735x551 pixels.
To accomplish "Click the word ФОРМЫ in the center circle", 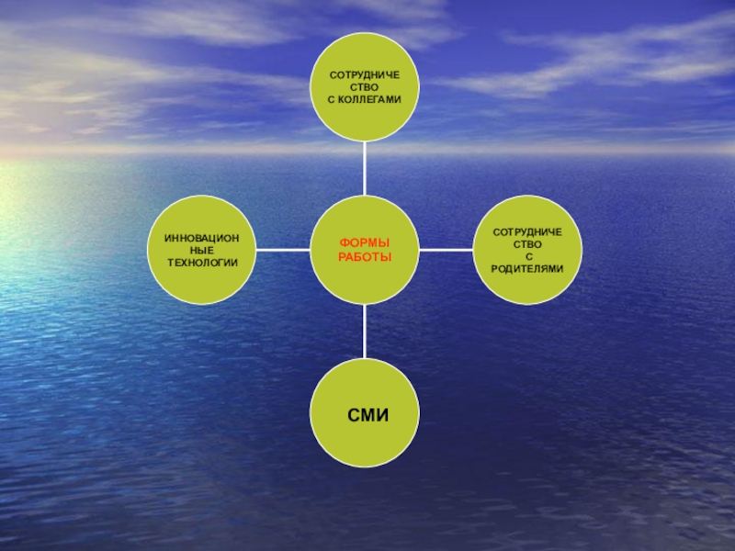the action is pyautogui.click(x=365, y=242).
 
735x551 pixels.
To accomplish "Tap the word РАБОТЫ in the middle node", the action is pyautogui.click(x=365, y=256).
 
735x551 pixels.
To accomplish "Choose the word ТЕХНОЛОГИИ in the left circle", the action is pyautogui.click(x=202, y=263).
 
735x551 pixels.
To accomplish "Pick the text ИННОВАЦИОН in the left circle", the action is pyautogui.click(x=202, y=238).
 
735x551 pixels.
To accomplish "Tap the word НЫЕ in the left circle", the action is pyautogui.click(x=202, y=250).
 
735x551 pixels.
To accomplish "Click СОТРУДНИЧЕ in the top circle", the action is pyautogui.click(x=365, y=73).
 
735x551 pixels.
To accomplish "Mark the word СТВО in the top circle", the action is pyautogui.click(x=365, y=85).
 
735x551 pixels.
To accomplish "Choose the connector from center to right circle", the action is pyautogui.click(x=446, y=250).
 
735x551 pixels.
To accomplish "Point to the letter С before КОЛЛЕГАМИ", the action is pyautogui.click(x=332, y=97).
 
